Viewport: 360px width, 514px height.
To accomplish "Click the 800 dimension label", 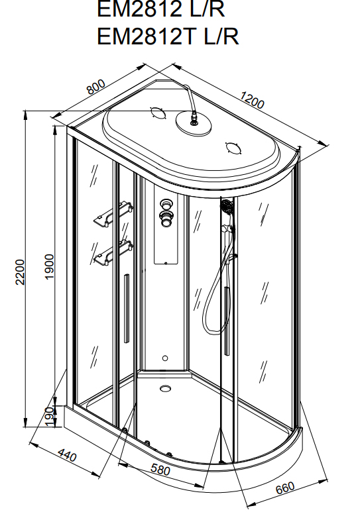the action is click(96, 87).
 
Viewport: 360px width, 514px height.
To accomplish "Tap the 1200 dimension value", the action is click(252, 99).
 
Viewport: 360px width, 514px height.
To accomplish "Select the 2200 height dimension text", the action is click(20, 272).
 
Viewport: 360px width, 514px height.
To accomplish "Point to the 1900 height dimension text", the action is click(49, 266).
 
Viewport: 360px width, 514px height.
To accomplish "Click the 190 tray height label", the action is click(50, 417).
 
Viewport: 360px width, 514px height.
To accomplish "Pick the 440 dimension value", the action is click(67, 454).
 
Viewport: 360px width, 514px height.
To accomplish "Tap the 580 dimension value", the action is click(160, 470).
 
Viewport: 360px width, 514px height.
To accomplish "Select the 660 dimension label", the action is click(285, 488).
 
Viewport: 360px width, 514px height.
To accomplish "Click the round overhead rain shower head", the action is click(194, 123).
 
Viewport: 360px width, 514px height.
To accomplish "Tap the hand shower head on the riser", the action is click(227, 207).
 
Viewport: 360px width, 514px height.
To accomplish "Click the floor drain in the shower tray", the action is click(165, 388).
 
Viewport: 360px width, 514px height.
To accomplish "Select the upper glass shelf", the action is click(113, 214).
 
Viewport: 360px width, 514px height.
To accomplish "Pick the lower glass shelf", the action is click(113, 253).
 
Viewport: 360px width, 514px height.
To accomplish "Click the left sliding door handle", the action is click(127, 309).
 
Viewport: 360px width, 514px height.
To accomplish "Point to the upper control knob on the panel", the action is click(166, 204).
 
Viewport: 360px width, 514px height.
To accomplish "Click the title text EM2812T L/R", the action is click(168, 36).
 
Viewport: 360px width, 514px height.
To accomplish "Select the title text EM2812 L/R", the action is click(161, 9).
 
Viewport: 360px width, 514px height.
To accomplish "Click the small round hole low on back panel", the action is click(165, 358).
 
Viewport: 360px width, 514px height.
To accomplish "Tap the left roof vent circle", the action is click(158, 113).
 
